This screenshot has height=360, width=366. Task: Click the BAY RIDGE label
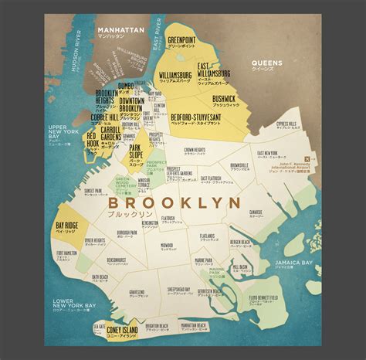(66, 224)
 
